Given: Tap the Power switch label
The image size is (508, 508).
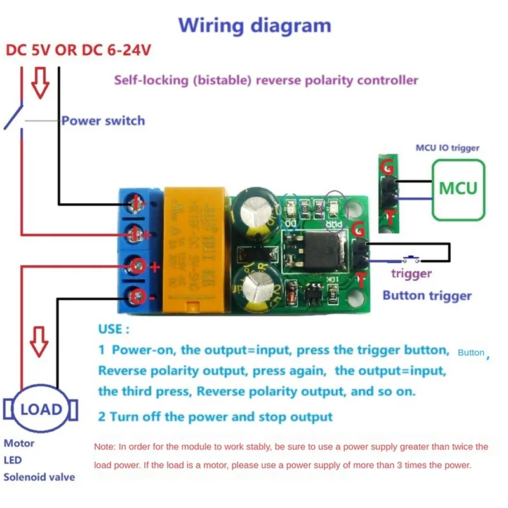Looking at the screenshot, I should pyautogui.click(x=103, y=121).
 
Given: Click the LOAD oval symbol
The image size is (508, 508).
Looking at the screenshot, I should pyautogui.click(x=42, y=408).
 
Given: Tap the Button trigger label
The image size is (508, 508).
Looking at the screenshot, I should pyautogui.click(x=427, y=295).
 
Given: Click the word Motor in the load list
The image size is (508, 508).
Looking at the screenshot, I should pyautogui.click(x=19, y=443).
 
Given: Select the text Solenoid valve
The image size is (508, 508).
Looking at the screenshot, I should pyautogui.click(x=39, y=477).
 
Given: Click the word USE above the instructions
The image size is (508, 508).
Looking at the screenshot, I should pyautogui.click(x=114, y=330).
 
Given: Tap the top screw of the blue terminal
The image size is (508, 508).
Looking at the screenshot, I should pyautogui.click(x=137, y=203).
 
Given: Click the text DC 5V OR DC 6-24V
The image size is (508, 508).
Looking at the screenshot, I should pyautogui.click(x=79, y=50).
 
